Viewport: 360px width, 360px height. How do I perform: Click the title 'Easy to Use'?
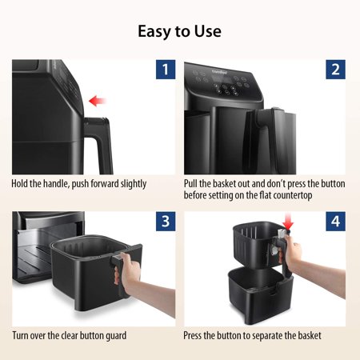179,32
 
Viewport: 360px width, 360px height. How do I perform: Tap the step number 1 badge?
164,70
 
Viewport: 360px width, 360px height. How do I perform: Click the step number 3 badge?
164,222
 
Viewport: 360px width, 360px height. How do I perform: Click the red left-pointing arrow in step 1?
98,101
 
